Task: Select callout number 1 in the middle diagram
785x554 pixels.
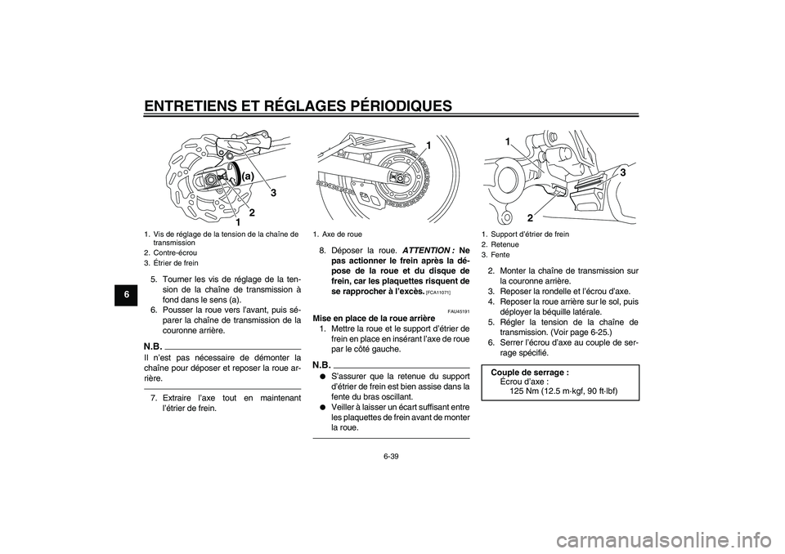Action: (427, 145)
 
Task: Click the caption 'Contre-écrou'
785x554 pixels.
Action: (177, 253)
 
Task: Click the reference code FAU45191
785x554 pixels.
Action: (458, 311)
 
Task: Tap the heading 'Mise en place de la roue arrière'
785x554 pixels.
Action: (375, 319)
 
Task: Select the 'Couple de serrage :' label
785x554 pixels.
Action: (530, 372)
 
